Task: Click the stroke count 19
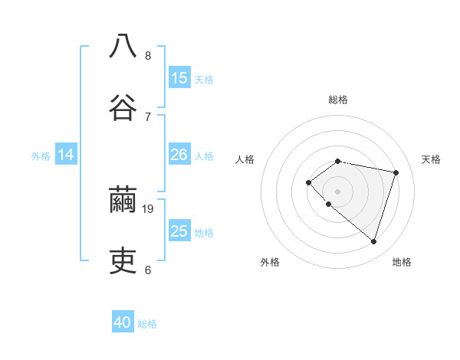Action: tap(149, 208)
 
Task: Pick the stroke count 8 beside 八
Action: tap(148, 55)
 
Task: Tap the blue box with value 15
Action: tap(179, 78)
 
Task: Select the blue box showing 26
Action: tap(179, 155)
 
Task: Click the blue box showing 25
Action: tap(179, 231)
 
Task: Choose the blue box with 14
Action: tap(66, 155)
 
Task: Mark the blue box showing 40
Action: tap(123, 323)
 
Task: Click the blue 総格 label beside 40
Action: tap(147, 324)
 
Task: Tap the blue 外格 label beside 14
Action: tap(41, 155)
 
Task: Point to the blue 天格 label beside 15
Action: tap(204, 79)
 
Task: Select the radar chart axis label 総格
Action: tap(338, 100)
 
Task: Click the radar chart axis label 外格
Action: tap(270, 262)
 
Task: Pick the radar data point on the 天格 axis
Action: tap(396, 172)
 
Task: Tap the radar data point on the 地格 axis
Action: tap(373, 241)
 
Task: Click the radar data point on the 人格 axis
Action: tap(308, 182)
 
